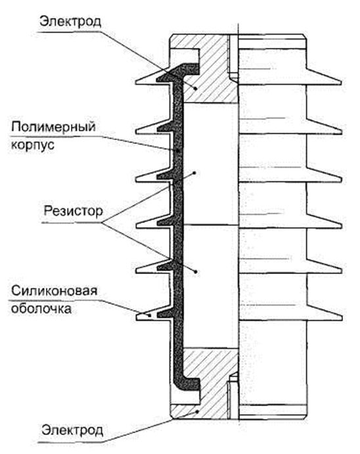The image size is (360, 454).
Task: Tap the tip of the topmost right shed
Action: point(340,82)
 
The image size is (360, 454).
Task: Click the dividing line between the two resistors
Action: point(207,225)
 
